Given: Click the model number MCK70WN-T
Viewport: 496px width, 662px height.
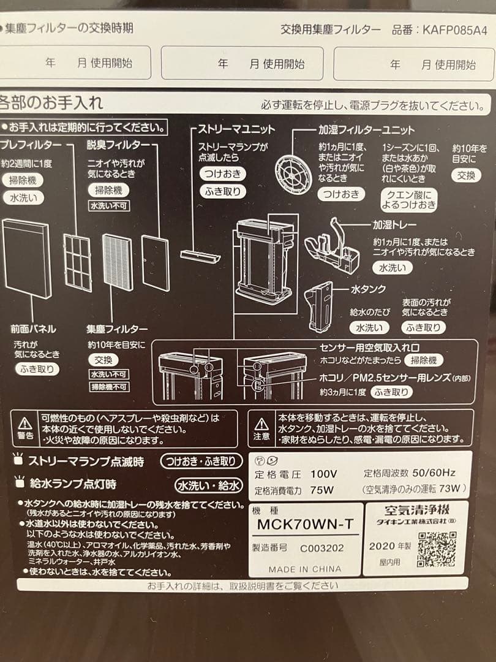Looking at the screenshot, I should tap(305, 524).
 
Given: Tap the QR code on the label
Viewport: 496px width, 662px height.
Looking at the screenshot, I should tap(438, 549).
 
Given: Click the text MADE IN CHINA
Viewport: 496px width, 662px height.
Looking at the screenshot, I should tap(304, 569).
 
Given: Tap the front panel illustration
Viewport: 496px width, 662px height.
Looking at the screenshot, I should tap(26, 259).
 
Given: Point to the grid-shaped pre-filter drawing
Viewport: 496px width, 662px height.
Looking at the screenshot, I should tap(77, 263).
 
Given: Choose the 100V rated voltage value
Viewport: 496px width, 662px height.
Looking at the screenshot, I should tap(324, 474).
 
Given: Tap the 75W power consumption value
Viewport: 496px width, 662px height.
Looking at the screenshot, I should tap(321, 490).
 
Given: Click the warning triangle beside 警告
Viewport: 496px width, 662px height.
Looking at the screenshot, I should tap(25, 423).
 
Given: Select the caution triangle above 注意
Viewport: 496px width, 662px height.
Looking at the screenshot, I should tap(261, 423).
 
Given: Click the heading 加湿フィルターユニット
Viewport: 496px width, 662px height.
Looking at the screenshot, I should tap(366, 130).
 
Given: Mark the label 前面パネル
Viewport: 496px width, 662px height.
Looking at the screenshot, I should tap(34, 329).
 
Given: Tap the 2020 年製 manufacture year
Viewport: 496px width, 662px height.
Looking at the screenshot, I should tap(390, 546).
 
